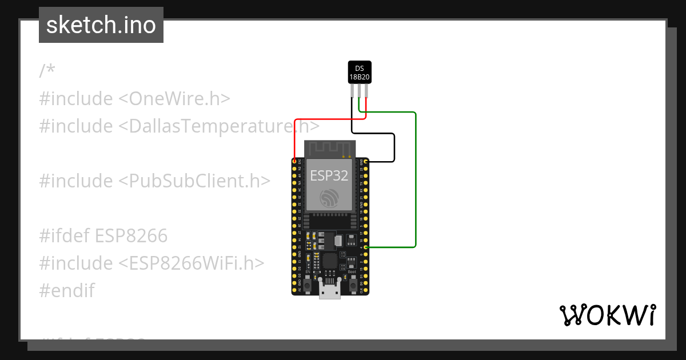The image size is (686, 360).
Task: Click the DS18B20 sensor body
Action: click(360, 72)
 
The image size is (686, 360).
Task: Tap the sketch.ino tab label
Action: click(101, 26)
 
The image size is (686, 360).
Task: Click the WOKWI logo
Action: click(607, 315)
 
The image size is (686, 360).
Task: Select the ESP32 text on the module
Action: click(329, 175)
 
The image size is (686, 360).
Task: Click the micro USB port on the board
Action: click(330, 291)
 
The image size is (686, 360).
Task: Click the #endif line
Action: click(66, 290)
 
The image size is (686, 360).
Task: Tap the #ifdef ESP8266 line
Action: click(103, 235)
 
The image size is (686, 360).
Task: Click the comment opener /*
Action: click(47, 71)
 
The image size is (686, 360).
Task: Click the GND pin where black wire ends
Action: click(365, 162)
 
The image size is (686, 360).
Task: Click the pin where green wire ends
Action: click(365, 247)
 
